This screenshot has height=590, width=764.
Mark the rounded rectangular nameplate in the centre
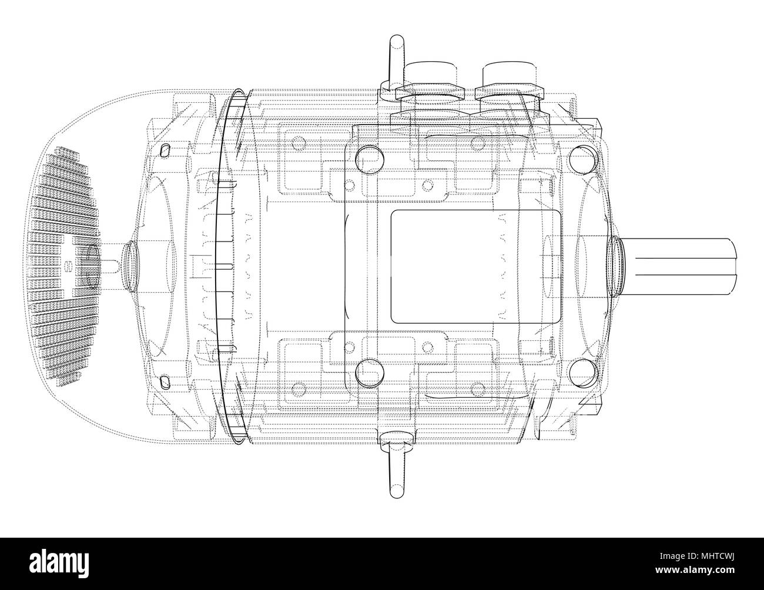click(475, 266)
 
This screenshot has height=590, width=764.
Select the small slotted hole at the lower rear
click(166, 382)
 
